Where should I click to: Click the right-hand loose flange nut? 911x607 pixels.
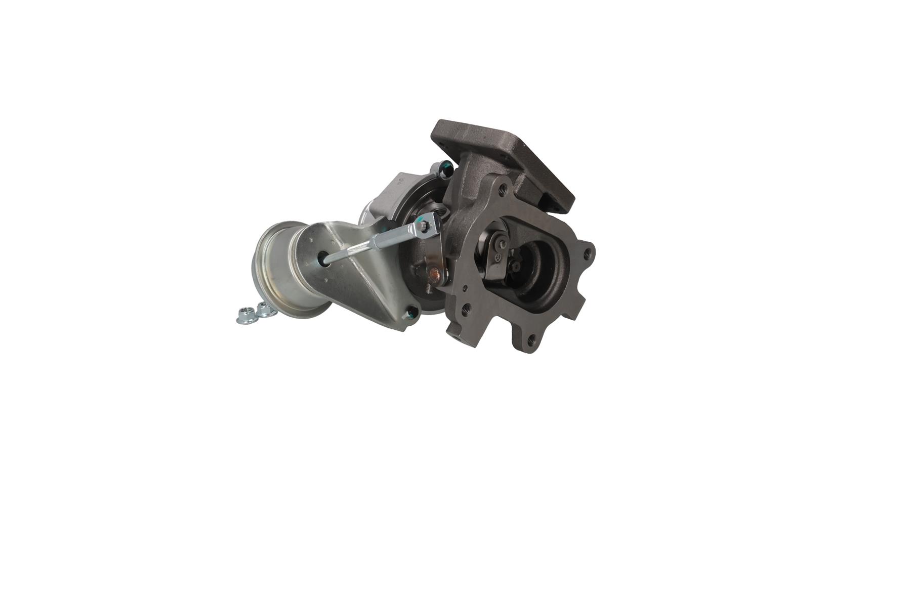[x=264, y=309]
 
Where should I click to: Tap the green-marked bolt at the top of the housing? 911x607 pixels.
[x=444, y=167]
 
